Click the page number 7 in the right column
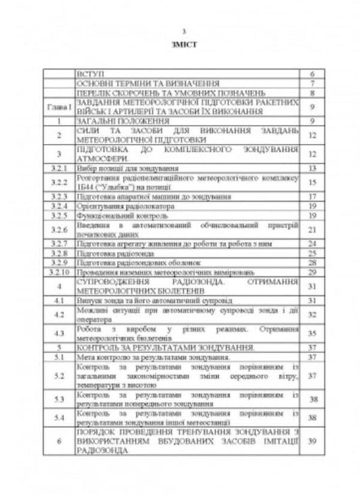(x=313, y=82)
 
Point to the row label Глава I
(x=59, y=106)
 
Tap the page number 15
(x=313, y=182)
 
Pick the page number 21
(x=313, y=230)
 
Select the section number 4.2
(x=59, y=315)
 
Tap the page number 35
(x=313, y=333)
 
